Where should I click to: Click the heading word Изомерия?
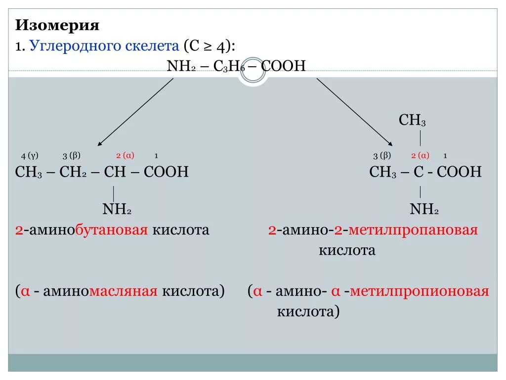[x=57, y=25]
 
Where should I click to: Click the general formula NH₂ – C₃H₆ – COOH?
[x=237, y=66]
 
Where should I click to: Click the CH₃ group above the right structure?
[x=412, y=120]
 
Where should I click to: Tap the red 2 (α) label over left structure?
[x=125, y=155]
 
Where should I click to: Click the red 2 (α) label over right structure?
[x=420, y=155]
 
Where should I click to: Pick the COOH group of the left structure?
[x=166, y=172]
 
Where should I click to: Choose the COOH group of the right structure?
[x=459, y=172]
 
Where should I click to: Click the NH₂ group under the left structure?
[x=117, y=210]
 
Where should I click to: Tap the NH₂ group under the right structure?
[x=424, y=210]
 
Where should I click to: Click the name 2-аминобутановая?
[x=82, y=230]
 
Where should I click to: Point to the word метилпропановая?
[x=413, y=230]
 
